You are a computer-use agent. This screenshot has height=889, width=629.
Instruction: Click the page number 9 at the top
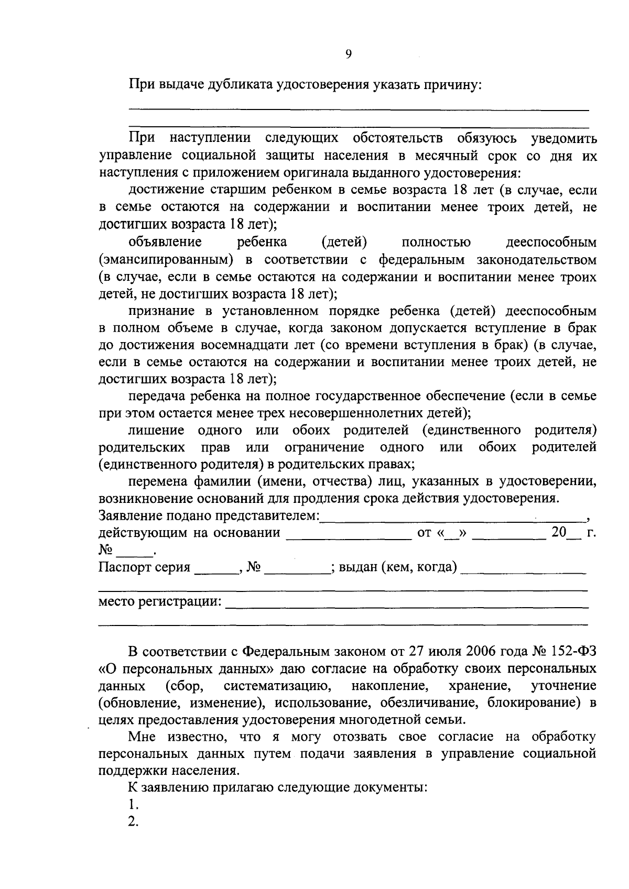pyautogui.click(x=349, y=54)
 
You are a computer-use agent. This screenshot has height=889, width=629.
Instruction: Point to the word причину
pyautogui.click(x=453, y=84)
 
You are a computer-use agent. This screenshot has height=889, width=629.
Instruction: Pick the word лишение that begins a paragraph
pyautogui.click(x=156, y=431)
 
